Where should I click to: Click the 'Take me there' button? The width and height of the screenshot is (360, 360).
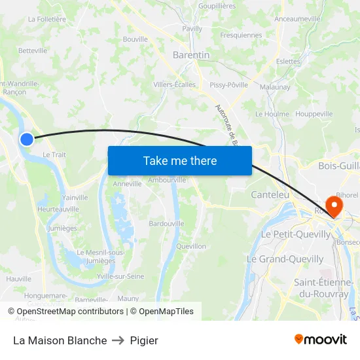pyautogui.click(x=179, y=160)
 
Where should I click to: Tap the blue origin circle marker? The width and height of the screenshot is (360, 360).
pyautogui.click(x=27, y=139)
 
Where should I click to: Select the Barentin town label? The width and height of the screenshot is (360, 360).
pyautogui.click(x=191, y=55)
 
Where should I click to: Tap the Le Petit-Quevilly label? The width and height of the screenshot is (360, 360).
pyautogui.click(x=296, y=234)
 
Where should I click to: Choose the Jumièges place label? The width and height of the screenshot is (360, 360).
pyautogui.click(x=63, y=228)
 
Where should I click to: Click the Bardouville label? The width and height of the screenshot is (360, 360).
pyautogui.click(x=166, y=223)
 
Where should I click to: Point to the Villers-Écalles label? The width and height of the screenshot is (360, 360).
pyautogui.click(x=174, y=84)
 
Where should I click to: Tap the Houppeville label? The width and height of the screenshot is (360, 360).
pyautogui.click(x=314, y=114)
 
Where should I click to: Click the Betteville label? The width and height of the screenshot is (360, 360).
pyautogui.click(x=33, y=50)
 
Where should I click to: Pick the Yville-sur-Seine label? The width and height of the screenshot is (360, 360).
pyautogui.click(x=120, y=277)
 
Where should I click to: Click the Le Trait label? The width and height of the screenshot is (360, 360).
pyautogui.click(x=54, y=154)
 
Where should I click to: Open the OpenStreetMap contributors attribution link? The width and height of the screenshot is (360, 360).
pyautogui.click(x=67, y=312)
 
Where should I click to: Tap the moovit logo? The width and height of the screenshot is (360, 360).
pyautogui.click(x=320, y=339)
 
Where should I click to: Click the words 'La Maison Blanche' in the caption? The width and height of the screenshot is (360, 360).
pyautogui.click(x=60, y=340)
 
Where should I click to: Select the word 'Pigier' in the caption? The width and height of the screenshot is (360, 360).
pyautogui.click(x=144, y=340)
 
